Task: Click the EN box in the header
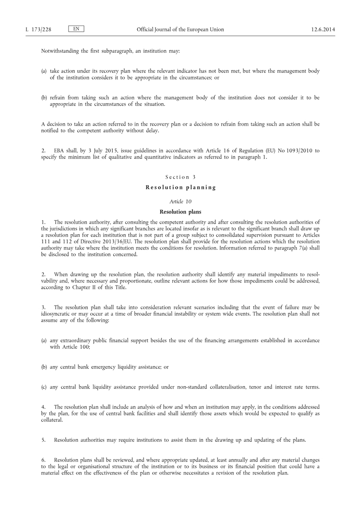pos(76,29)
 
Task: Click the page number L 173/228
pos(38,30)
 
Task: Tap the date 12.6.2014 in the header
pos(323,30)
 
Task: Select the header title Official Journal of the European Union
pos(180,30)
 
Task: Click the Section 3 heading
pos(180,178)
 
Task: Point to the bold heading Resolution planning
pos(180,188)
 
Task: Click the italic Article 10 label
pos(180,201)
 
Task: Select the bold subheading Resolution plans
pos(180,212)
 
